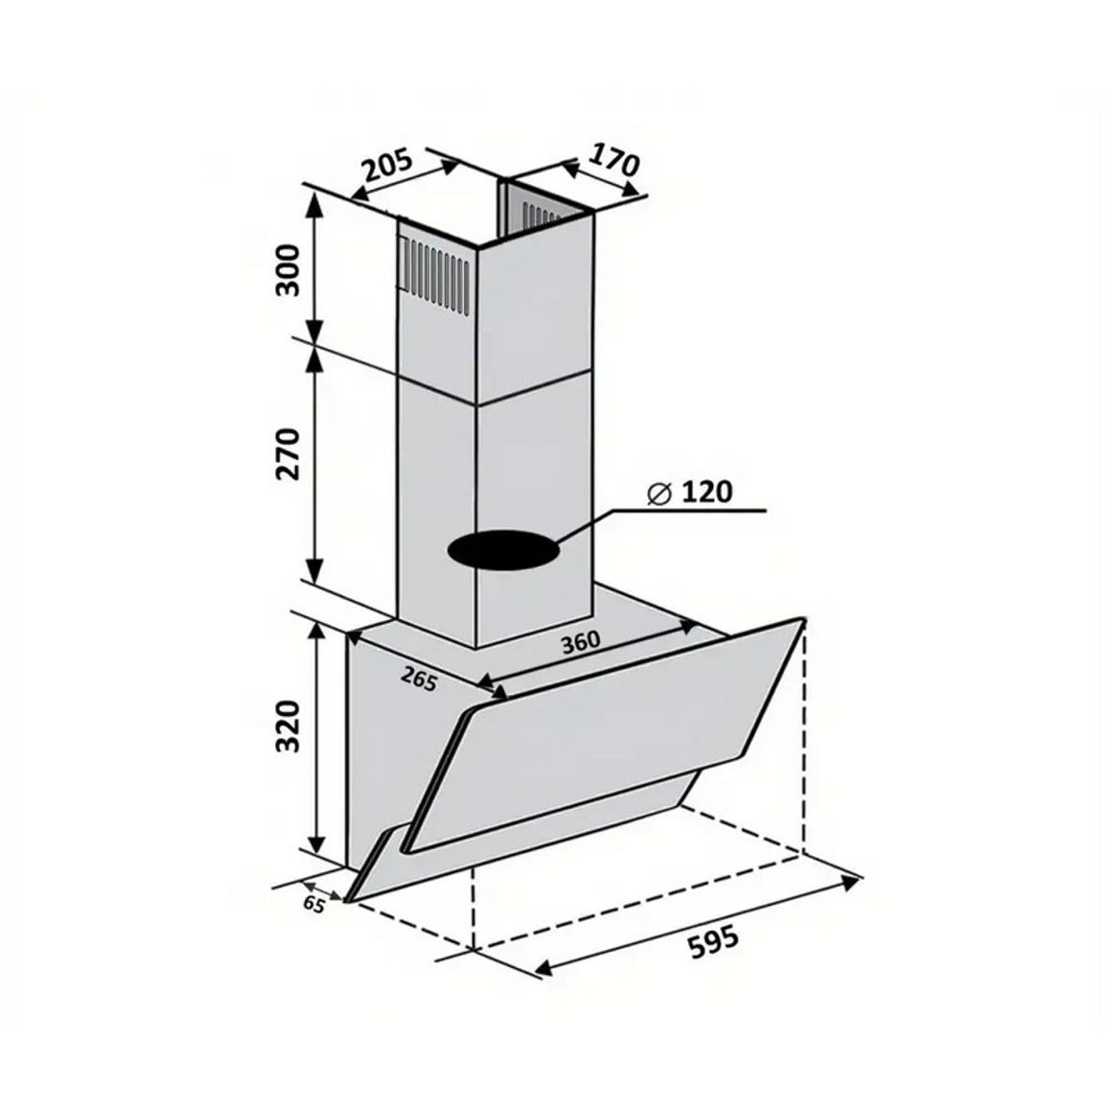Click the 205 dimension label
pyautogui.click(x=386, y=165)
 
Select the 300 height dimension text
pyautogui.click(x=289, y=269)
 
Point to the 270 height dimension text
pyautogui.click(x=289, y=453)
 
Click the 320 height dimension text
pyautogui.click(x=289, y=726)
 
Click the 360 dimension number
pyautogui.click(x=581, y=641)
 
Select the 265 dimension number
pyautogui.click(x=419, y=679)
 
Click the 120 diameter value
pyautogui.click(x=706, y=492)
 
